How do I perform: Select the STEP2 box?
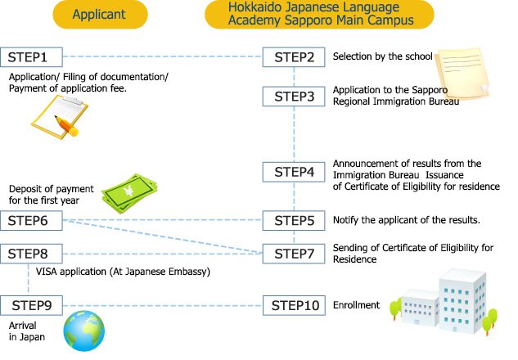[x=294, y=57]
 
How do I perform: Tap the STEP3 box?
[x=294, y=97]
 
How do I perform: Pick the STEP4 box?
[x=294, y=172]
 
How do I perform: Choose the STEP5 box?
[x=294, y=220]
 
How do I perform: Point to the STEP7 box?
[x=294, y=254]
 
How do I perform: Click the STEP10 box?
[x=294, y=306]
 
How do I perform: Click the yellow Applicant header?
[x=98, y=14]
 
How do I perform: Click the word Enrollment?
[x=356, y=306]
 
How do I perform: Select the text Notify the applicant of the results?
[x=404, y=221]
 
